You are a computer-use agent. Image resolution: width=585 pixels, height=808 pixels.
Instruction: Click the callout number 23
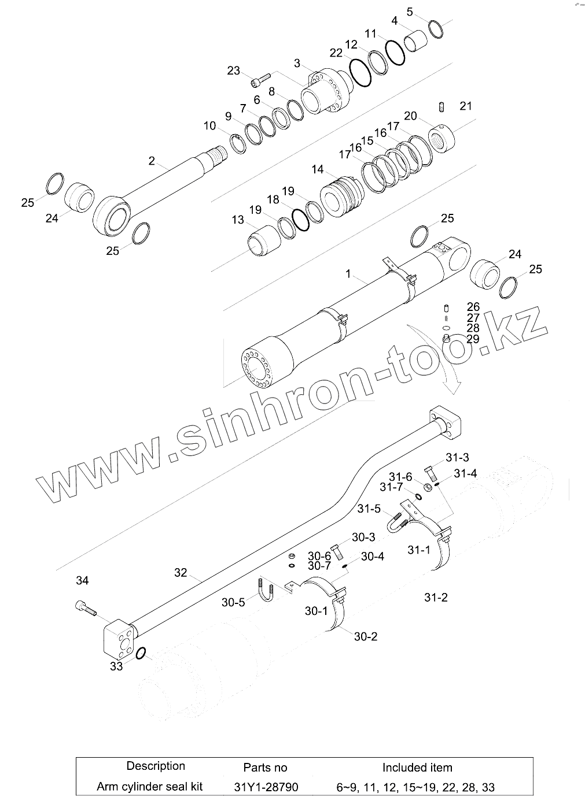coord(233,71)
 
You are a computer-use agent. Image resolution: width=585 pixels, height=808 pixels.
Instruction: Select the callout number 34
coord(83,580)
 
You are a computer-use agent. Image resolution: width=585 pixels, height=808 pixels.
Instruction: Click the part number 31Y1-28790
coord(265,787)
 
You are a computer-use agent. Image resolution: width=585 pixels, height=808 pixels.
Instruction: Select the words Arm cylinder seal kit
coord(149,787)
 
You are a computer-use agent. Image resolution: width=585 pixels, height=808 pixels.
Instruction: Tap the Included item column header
coord(417,768)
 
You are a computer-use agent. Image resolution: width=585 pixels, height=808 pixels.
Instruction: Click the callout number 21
coord(465,106)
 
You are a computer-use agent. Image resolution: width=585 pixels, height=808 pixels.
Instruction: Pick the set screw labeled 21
coord(441,107)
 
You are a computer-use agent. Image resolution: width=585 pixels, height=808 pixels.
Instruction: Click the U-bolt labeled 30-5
coord(265,589)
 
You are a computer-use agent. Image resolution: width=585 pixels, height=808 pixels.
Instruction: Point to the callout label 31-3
coord(457,458)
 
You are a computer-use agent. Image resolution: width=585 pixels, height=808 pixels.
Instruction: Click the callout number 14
coord(317,169)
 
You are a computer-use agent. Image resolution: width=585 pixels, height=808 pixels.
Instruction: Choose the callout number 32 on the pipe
coord(181,572)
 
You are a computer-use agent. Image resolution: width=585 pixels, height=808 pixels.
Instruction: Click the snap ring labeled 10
coord(239,142)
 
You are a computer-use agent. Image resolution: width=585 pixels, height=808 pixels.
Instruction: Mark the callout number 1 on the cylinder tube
coord(348,273)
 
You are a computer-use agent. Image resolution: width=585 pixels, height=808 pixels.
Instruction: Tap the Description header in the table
coord(156,766)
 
